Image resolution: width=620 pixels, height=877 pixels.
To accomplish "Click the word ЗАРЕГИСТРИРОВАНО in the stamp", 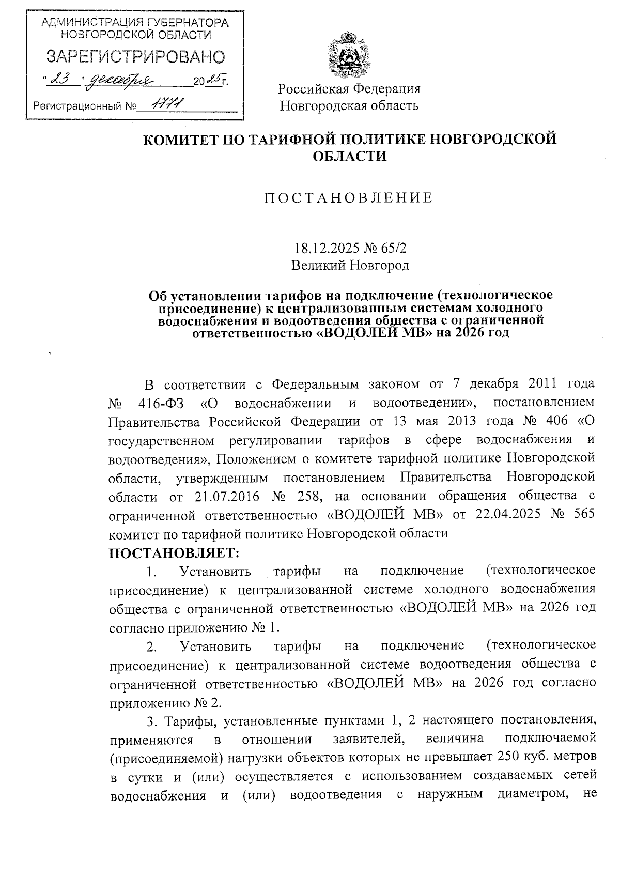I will pos(135,57).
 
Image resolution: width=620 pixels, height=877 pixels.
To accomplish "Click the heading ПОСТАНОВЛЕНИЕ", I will pos(349,198).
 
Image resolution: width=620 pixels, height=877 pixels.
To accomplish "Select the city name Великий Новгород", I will pos(350,266).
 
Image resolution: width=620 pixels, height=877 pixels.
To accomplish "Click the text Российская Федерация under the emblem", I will pos(349,89).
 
